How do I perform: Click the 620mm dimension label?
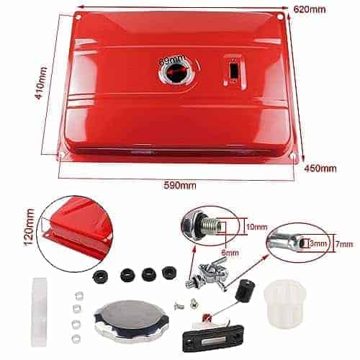coord(310,9)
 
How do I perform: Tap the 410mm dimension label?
coord(41,83)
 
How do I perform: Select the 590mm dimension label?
coord(180,185)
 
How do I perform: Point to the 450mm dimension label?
coord(320,168)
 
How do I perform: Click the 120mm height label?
coord(30,228)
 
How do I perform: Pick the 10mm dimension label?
coord(257,227)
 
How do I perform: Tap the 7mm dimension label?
coord(344,244)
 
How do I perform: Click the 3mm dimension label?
coord(318,244)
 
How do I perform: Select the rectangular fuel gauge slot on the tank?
coord(233,70)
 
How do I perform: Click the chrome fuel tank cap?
coord(130,318)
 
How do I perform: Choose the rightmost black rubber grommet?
coord(169,272)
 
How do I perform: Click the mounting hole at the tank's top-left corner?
coord(78,17)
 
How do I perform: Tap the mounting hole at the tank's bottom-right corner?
coord(293,156)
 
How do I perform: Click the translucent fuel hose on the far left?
coord(39,312)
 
